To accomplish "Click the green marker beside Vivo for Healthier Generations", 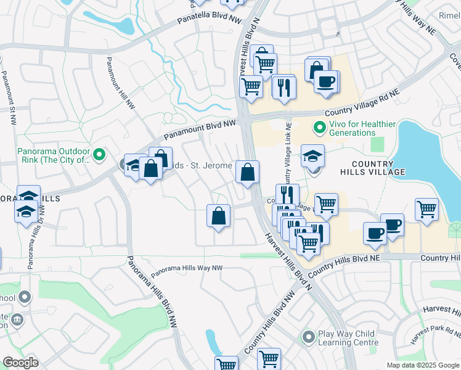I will [319, 128].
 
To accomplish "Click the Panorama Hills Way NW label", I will [187, 269].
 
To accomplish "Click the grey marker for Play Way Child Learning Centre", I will [308, 337].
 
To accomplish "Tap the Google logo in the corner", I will [20, 363].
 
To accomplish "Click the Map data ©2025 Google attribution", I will [423, 365].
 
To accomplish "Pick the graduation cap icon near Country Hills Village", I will [312, 155].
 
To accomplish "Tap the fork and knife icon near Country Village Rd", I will [284, 86].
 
